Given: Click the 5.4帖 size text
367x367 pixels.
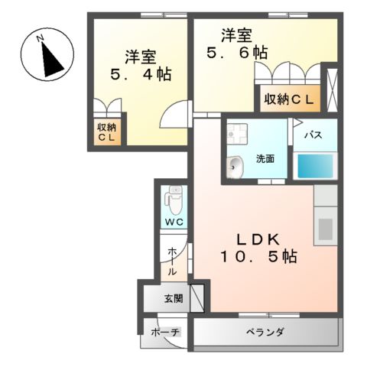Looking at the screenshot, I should [141, 75].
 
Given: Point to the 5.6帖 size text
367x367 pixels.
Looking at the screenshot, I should [236, 54].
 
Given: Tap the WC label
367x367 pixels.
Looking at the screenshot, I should [174, 222].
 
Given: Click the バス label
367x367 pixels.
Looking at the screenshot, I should [312, 135].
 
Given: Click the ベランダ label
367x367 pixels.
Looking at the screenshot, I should [265, 332].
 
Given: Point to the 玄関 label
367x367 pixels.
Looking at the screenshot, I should [173, 298].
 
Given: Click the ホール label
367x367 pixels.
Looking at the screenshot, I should [173, 260].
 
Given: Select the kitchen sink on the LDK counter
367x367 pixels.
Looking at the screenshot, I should [324, 227].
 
